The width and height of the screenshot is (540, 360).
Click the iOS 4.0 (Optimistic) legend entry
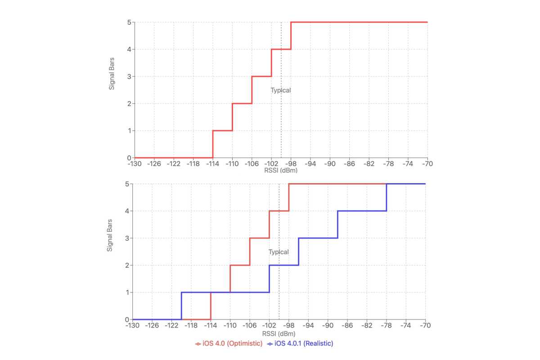[x=229, y=343]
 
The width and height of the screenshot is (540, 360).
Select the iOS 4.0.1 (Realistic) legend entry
[x=300, y=343]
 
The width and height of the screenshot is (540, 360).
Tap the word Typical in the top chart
[x=281, y=90]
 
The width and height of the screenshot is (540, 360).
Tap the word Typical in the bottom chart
[x=279, y=252]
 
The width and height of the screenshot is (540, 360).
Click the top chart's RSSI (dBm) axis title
[x=281, y=171]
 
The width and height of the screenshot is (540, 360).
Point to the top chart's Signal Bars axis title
[x=112, y=73]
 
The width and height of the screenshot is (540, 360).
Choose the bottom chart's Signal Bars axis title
[x=109, y=235]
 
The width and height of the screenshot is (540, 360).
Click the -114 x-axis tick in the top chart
[x=212, y=164]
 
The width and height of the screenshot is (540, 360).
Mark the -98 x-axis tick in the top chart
[x=291, y=164]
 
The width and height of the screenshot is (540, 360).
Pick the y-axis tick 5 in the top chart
[x=129, y=22]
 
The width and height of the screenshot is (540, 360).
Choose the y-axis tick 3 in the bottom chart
[x=127, y=238]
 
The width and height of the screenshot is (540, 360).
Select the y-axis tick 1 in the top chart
[x=129, y=130]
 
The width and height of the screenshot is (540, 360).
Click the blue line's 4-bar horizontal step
[x=362, y=211]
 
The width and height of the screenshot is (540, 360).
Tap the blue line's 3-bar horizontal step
[x=318, y=238]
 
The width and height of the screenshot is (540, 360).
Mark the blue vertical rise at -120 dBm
[x=181, y=306]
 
